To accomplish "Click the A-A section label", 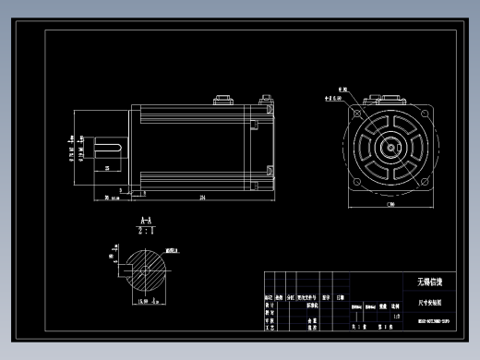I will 145,222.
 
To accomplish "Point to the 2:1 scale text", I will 145,233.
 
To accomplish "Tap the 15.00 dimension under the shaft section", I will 144,301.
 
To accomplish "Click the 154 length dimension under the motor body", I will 199,197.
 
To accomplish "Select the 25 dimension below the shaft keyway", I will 107,169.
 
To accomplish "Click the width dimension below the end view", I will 390,205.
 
